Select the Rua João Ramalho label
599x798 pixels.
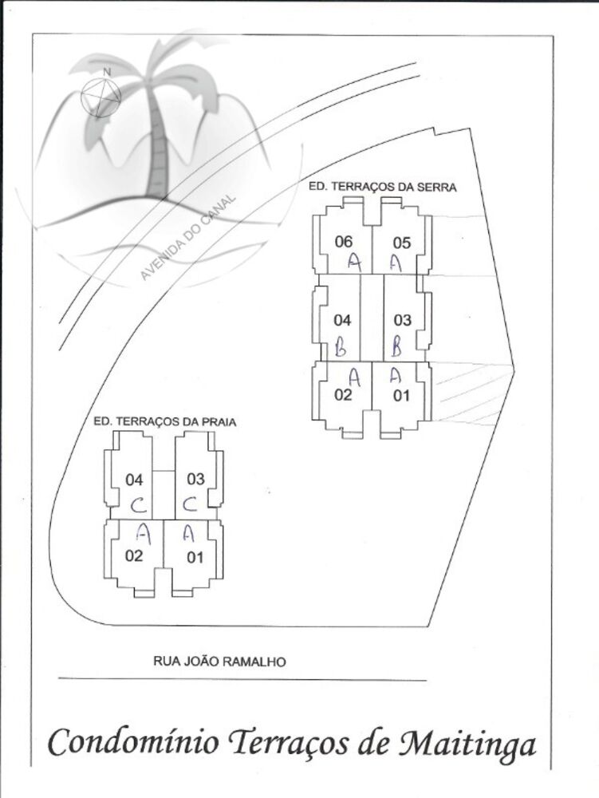(219, 662)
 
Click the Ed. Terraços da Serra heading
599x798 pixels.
(382, 188)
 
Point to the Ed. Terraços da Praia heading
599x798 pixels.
(164, 421)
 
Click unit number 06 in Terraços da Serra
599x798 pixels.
(344, 242)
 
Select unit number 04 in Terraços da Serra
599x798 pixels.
(342, 320)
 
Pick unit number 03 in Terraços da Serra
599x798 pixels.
(402, 320)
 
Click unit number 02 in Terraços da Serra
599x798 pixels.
(343, 395)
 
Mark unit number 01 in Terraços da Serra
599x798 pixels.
(401, 395)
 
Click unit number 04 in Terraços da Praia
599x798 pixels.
(134, 480)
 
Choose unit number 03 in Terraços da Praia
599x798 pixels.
(195, 479)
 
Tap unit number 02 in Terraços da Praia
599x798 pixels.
(134, 556)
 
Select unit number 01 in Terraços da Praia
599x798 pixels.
(195, 557)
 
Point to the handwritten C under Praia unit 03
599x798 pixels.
(190, 505)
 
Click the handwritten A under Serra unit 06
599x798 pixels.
(353, 261)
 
